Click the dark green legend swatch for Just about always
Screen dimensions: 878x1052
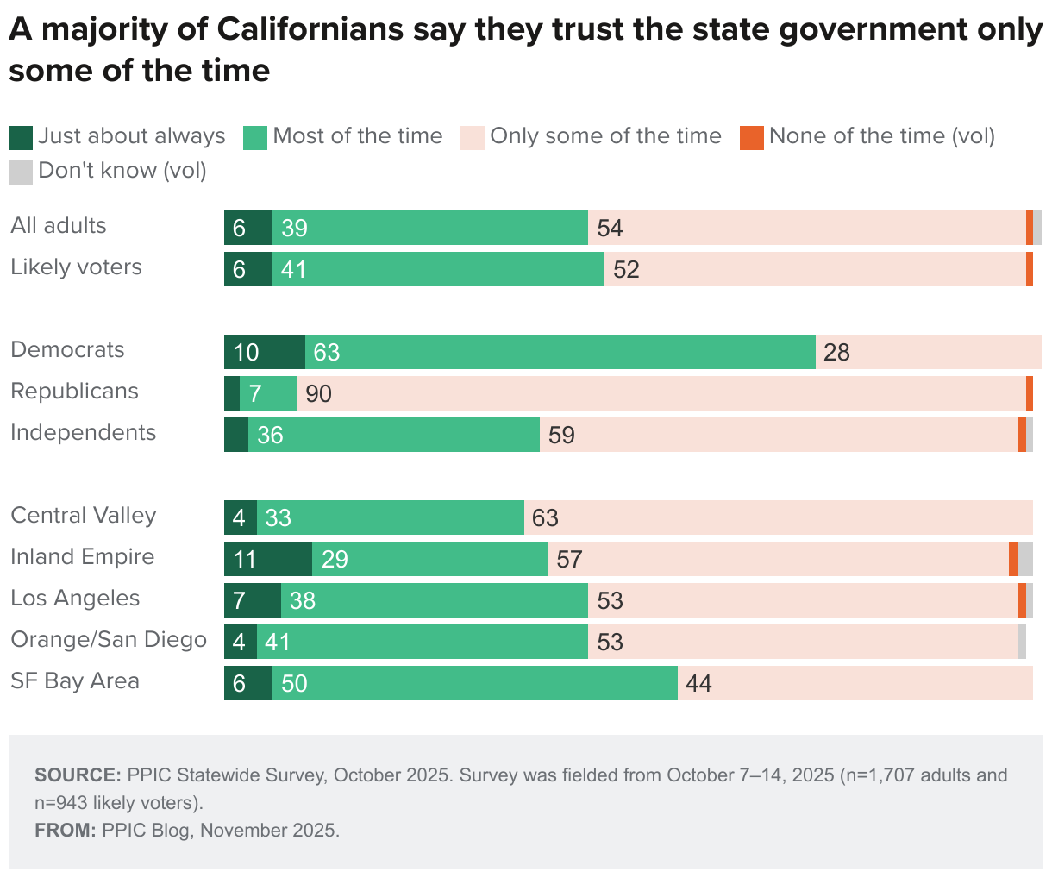(x=21, y=137)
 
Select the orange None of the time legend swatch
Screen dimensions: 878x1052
(x=752, y=137)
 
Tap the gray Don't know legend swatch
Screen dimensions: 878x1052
(x=21, y=172)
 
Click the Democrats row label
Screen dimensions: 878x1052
(x=67, y=350)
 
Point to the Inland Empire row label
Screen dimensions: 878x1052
(x=82, y=557)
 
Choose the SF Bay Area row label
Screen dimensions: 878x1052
(x=74, y=681)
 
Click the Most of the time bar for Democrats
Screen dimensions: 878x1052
(x=560, y=352)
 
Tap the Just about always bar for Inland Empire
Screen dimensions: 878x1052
(x=267, y=559)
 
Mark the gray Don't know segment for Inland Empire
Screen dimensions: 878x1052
(x=1025, y=559)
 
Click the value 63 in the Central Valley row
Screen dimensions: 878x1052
(x=545, y=518)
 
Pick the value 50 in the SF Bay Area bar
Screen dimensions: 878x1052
(x=294, y=684)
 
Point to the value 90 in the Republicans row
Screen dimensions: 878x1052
(x=318, y=394)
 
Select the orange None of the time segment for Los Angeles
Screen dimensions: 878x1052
(x=1022, y=600)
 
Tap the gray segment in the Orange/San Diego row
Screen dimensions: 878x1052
(x=1022, y=642)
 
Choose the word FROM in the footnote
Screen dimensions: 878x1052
(x=65, y=830)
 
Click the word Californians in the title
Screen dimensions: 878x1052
(x=310, y=30)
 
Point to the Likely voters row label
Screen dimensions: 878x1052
(x=76, y=267)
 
